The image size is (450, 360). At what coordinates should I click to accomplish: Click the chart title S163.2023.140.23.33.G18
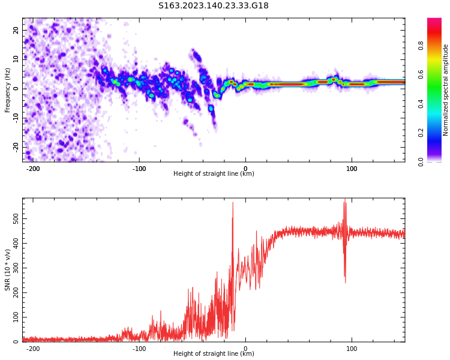213,5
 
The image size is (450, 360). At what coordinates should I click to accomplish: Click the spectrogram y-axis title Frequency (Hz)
8,90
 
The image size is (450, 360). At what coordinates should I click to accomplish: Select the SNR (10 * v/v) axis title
8,270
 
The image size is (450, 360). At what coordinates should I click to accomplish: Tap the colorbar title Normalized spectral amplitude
446,90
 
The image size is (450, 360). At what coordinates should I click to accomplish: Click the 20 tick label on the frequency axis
17,30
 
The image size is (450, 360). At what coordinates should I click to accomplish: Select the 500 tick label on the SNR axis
16,219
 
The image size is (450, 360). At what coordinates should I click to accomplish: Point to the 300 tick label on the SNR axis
16,268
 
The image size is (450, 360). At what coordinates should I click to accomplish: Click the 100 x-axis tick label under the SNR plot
352,349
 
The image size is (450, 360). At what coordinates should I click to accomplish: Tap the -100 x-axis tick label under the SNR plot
139,349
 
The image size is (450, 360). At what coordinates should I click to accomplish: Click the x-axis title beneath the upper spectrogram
214,174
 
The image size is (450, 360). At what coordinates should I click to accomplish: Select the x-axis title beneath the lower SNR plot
214,354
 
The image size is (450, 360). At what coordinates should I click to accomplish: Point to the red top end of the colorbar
434,21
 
